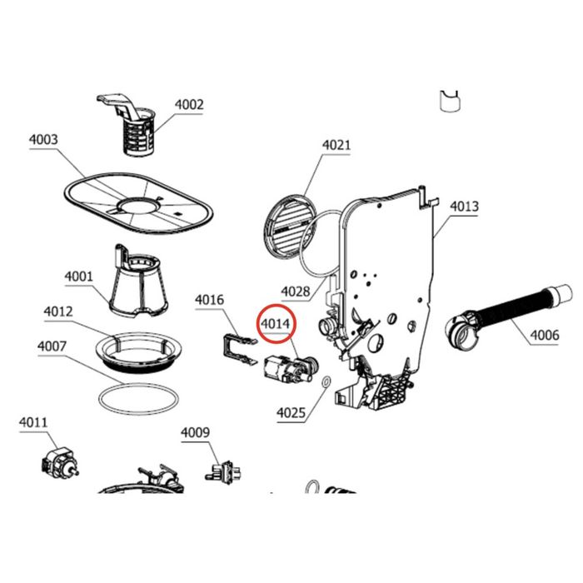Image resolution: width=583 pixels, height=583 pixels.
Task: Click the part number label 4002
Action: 189,105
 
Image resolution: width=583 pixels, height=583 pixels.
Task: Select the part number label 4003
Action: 43,140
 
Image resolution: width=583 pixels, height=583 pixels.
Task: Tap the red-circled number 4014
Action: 276,324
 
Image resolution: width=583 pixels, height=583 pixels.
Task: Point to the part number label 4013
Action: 464,207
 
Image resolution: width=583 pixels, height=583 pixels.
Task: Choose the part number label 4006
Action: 545,336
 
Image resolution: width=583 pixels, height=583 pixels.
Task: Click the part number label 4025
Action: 291,413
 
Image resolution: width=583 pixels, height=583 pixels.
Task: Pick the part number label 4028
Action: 296,291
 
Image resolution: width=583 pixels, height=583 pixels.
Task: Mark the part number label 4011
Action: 33,422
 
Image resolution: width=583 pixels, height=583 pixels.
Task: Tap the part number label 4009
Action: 195,432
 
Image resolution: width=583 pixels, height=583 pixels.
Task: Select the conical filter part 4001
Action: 138,283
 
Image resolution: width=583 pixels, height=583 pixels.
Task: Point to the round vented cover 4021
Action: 289,226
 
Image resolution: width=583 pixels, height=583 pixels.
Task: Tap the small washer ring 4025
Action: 326,381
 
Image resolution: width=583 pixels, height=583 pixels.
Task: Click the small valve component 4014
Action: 291,370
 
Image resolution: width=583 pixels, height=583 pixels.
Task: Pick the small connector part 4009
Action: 223,471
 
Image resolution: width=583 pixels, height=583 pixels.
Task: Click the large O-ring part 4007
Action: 138,400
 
